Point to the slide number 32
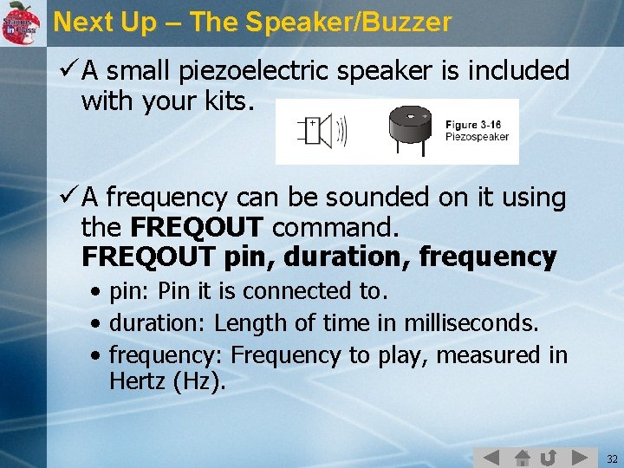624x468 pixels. click(x=612, y=458)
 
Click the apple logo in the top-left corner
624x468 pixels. click(x=21, y=22)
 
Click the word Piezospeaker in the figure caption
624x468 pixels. click(x=478, y=136)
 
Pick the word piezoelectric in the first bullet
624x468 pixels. click(x=250, y=71)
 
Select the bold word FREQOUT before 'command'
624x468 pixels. click(x=196, y=228)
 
